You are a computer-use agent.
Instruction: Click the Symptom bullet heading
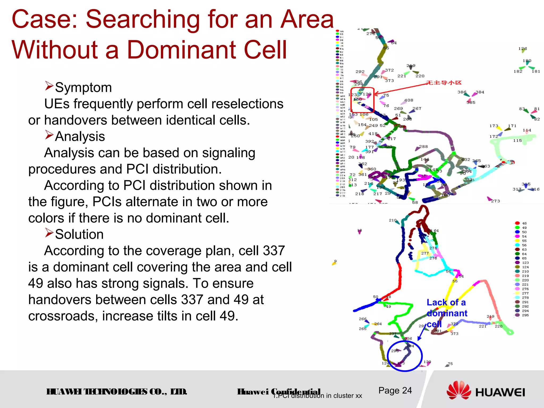[x=83, y=87]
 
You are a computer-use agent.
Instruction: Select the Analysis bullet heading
[x=80, y=137]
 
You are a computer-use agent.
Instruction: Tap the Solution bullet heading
[x=79, y=234]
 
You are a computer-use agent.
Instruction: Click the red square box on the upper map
[x=363, y=100]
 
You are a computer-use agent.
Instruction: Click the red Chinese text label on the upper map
[x=444, y=83]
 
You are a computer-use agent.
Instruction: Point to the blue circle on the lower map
[x=405, y=356]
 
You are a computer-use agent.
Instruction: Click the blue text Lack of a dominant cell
[x=447, y=313]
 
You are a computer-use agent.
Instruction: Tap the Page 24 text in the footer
[x=395, y=390]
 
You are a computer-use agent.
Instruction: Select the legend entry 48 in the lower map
[x=524, y=223]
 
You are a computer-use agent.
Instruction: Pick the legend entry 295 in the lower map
[x=525, y=315]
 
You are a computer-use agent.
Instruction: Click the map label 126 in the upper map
[x=522, y=49]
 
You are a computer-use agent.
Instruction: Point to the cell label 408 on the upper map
[x=409, y=100]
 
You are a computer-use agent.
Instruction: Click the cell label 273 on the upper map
[x=495, y=201]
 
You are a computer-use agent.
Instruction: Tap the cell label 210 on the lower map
[x=393, y=220]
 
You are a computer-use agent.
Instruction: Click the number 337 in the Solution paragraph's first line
[x=274, y=251]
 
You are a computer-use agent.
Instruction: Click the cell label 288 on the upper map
[x=423, y=147]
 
